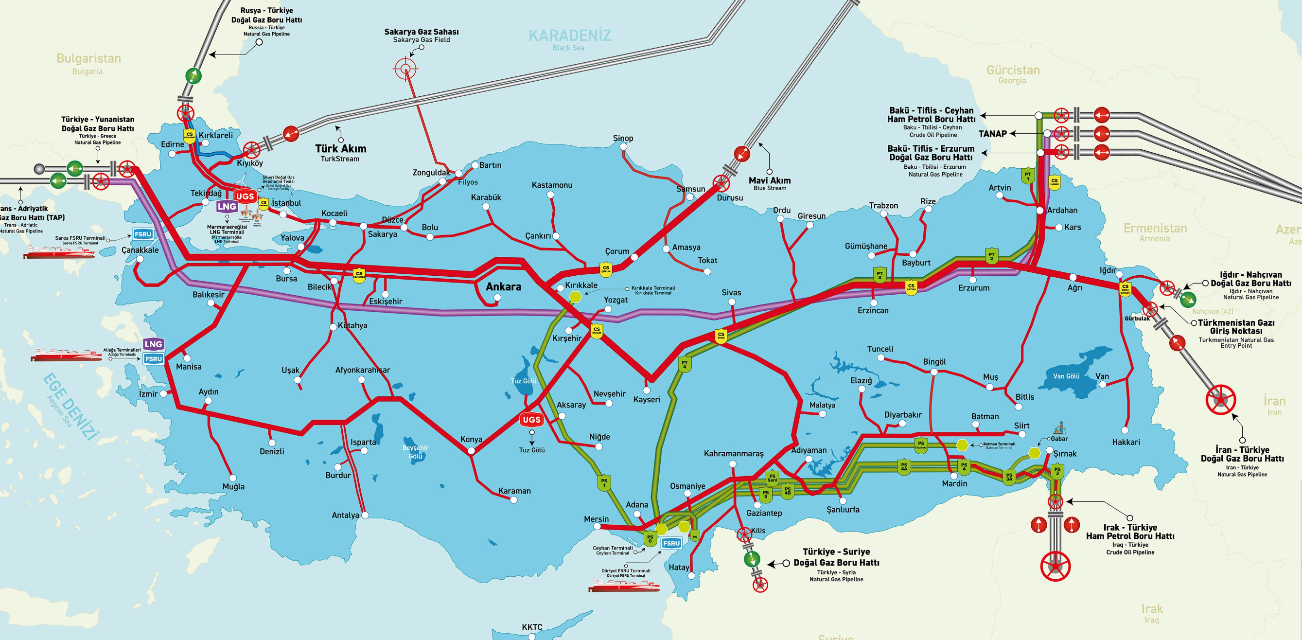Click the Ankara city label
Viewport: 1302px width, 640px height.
(x=503, y=286)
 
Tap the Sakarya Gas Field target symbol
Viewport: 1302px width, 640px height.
(x=405, y=69)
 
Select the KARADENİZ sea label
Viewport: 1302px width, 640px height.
(x=570, y=36)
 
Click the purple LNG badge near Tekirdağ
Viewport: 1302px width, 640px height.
(x=227, y=206)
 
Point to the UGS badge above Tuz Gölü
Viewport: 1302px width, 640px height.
(x=531, y=420)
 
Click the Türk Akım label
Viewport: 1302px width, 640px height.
(x=341, y=149)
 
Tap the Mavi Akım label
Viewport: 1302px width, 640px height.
(x=769, y=180)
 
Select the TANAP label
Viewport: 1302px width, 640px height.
(x=992, y=133)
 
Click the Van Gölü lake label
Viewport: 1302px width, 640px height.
(x=1066, y=376)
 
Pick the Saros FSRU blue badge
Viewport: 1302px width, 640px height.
(x=143, y=234)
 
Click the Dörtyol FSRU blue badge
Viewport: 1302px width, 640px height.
(x=671, y=543)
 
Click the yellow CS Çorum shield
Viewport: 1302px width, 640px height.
(x=605, y=269)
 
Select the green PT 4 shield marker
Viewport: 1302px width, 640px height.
(x=685, y=364)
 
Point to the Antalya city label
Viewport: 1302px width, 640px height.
(x=345, y=515)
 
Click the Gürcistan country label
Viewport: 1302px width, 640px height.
(x=1013, y=70)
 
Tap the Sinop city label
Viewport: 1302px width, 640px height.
(x=623, y=138)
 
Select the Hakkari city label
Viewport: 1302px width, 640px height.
(x=1126, y=442)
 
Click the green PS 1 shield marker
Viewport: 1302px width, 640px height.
(x=604, y=483)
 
